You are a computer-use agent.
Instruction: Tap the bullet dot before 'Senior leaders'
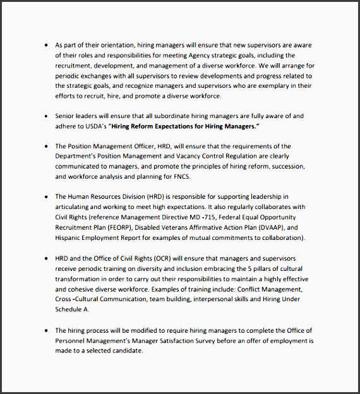46,116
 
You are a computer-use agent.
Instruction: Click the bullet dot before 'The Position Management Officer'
46,146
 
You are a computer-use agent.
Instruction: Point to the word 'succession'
284,166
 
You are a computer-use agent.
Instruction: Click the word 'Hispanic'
70,238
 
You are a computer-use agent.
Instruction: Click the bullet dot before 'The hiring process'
46,330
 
